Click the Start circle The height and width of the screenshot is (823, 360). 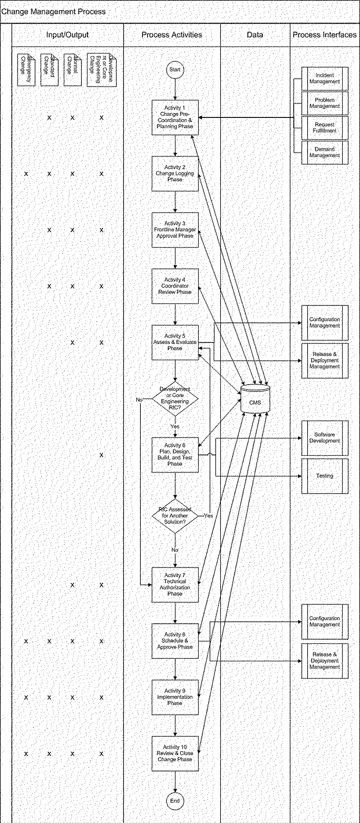tap(175, 70)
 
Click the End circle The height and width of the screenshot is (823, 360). tap(175, 801)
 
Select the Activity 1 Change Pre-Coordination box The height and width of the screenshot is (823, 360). tap(175, 117)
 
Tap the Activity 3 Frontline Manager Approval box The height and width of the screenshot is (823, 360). tap(175, 230)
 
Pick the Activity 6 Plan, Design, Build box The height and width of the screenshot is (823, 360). tap(175, 455)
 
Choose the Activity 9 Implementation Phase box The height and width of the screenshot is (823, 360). tap(175, 697)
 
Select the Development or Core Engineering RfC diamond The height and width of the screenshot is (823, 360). tap(175, 398)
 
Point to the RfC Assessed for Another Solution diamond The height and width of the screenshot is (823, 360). tap(175, 516)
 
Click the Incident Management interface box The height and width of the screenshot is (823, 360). tap(325, 78)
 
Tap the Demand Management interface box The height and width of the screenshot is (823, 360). tap(325, 152)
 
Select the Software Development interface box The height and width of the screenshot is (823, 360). tap(325, 438)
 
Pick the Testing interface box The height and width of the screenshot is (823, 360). tap(325, 476)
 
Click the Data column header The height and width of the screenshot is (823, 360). tap(255, 35)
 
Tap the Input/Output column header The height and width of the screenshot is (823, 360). tap(68, 35)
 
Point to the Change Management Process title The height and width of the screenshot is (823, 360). tap(54, 11)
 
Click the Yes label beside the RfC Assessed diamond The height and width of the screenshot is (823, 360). tap(208, 516)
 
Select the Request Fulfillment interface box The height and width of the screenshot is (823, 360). tap(325, 128)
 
